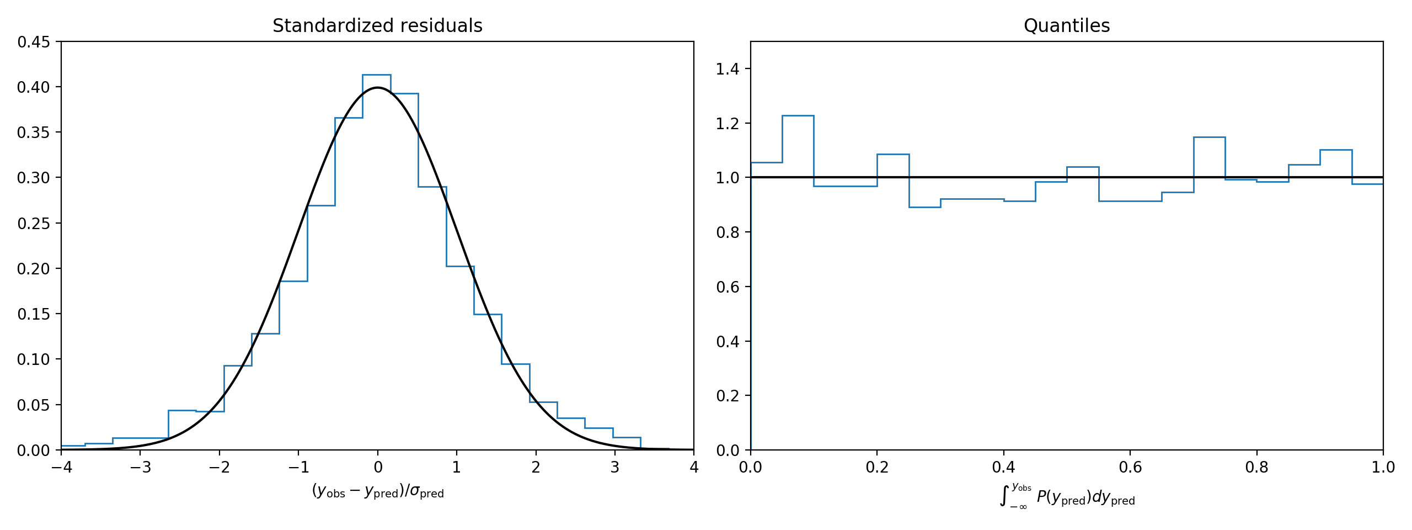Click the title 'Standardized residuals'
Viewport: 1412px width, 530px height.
point(377,26)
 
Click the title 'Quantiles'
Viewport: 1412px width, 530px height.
point(1066,26)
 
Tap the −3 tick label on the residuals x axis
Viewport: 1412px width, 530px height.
point(140,468)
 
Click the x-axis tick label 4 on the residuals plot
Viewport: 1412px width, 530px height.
point(693,468)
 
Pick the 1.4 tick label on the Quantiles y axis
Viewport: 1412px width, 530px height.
point(727,69)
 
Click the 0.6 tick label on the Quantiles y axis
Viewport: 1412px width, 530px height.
point(727,287)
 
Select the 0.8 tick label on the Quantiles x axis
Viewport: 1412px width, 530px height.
point(1256,468)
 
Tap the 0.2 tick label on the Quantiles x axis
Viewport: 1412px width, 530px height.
point(877,468)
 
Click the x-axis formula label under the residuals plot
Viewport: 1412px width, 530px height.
point(377,491)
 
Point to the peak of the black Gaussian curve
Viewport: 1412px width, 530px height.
point(377,87)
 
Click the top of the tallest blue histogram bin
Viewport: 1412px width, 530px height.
point(377,75)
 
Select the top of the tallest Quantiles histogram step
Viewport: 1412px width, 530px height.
point(798,115)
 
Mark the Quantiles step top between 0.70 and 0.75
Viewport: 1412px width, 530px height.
point(1209,137)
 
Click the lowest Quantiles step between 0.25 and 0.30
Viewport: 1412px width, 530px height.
point(924,207)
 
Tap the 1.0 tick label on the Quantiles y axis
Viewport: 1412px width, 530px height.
point(727,178)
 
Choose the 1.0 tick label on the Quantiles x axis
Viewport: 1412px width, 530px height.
point(1383,468)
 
